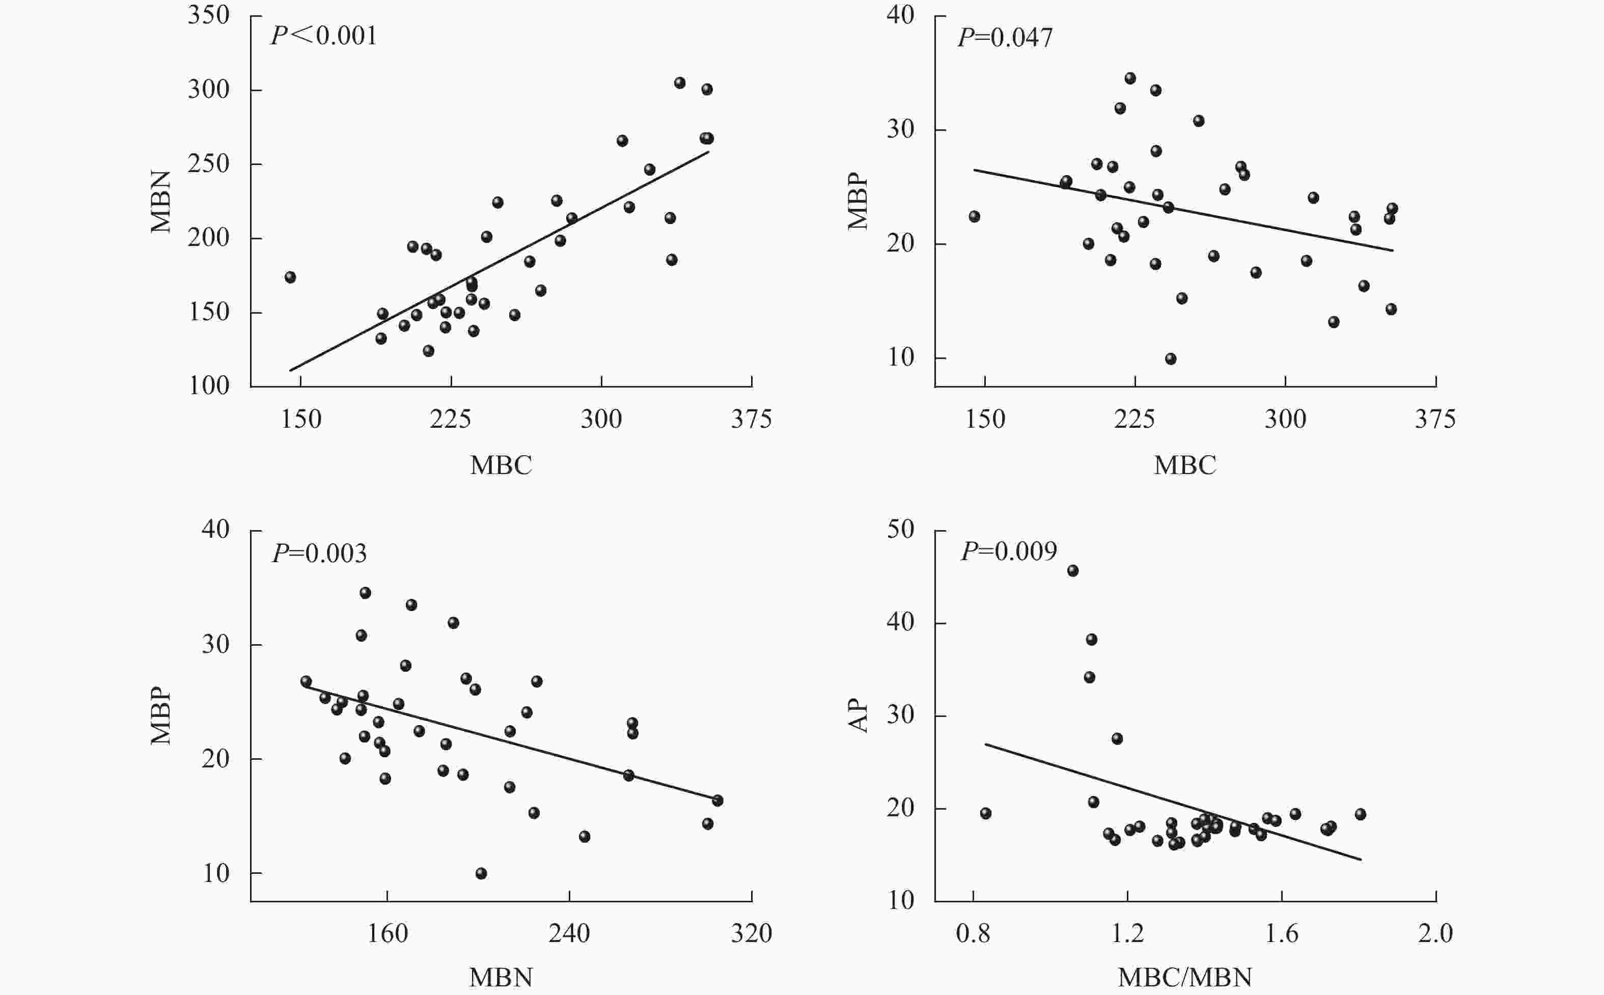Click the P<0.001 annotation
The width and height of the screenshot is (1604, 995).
tap(324, 36)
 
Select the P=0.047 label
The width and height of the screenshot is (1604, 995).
tap(1005, 38)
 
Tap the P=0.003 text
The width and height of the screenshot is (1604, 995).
tap(320, 554)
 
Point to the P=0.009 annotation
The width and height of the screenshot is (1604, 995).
tap(1009, 551)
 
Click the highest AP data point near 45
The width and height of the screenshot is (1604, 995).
tap(1072, 570)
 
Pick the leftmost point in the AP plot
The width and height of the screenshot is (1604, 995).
tap(985, 813)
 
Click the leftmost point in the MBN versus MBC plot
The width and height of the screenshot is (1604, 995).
tap(290, 277)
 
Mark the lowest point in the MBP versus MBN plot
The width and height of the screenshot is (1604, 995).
tap(481, 873)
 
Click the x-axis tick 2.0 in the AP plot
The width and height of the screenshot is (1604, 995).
tap(1435, 933)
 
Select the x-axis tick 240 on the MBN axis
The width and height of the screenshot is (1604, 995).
tap(569, 933)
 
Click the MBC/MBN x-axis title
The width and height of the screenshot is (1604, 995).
tap(1184, 978)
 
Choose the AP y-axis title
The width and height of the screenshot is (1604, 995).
tap(859, 716)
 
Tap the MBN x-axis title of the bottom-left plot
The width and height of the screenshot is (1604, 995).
tap(501, 978)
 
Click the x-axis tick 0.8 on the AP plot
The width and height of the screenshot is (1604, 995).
tap(973, 933)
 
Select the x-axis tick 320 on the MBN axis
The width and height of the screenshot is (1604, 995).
tap(752, 933)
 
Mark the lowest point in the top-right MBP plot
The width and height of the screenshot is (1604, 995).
tap(1171, 358)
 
